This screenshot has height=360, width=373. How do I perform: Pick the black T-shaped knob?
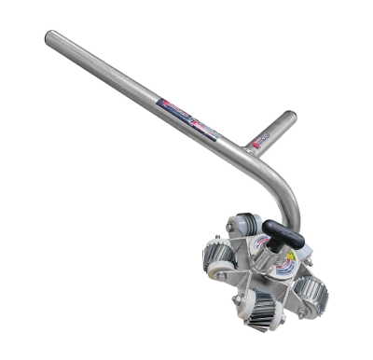tap(280, 230)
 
